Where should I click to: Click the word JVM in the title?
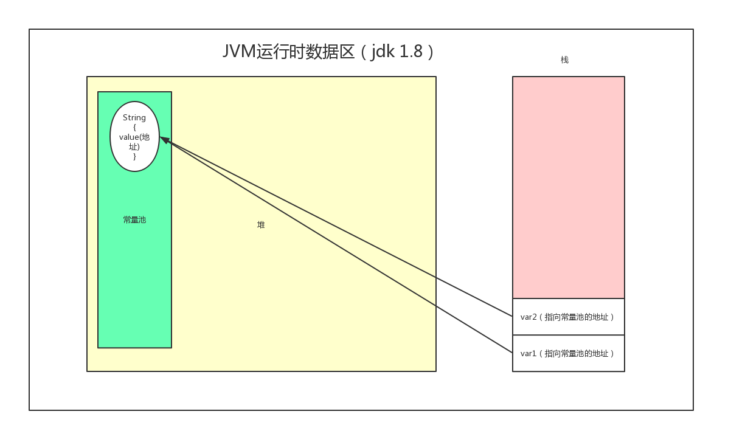239,52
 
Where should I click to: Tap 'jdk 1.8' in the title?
397,52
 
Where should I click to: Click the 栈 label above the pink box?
564,60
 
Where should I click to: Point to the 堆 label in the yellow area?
261,225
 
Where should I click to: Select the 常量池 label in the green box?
134,220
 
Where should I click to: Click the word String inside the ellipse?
134,117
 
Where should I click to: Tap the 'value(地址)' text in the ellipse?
134,142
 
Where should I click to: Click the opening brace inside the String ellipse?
134,127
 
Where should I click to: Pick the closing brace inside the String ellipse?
134,157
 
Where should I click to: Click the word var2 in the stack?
528,317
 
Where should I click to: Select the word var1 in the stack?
528,353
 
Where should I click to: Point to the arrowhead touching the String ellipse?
164,139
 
